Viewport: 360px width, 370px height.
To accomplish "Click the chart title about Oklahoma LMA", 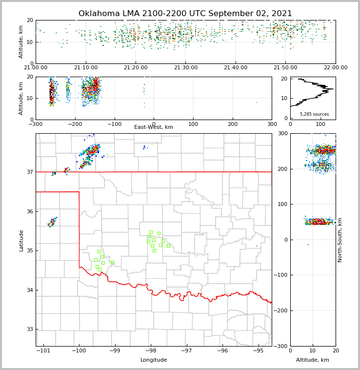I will click(185, 14).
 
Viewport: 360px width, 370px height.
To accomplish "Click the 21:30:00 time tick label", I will click(186, 68).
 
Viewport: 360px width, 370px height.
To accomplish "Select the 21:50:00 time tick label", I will click(285, 68).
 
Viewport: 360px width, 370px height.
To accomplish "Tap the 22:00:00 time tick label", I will click(335, 68).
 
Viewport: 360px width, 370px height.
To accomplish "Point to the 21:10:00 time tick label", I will click(86, 68).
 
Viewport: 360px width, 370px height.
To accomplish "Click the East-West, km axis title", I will click(154, 127).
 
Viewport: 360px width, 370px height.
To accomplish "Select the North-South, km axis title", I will click(340, 240).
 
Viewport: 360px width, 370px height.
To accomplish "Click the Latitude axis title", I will click(21, 240).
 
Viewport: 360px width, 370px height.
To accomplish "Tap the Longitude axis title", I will click(154, 360).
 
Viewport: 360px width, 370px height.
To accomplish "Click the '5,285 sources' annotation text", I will click(314, 114).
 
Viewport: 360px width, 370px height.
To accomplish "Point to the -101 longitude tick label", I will click(43, 351).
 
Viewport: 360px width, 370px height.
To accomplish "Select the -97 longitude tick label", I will click(187, 351).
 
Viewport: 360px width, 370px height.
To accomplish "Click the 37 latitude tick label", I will click(29, 172).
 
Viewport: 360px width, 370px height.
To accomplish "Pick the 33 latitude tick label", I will click(29, 329).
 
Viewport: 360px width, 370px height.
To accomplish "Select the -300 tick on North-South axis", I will click(281, 346).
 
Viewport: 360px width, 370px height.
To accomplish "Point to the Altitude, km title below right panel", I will click(313, 360).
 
